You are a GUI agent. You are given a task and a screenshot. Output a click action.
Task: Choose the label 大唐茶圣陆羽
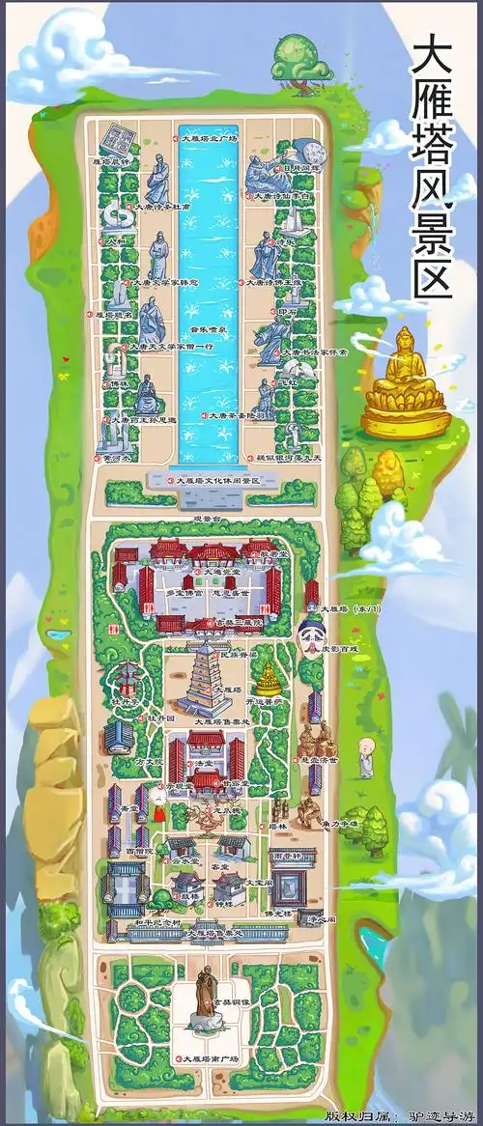pyautogui.click(x=233, y=416)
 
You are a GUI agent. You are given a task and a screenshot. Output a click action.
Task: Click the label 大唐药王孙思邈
pyautogui.click(x=144, y=420)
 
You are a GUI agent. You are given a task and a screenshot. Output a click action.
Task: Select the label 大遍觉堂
pyautogui.click(x=213, y=573)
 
